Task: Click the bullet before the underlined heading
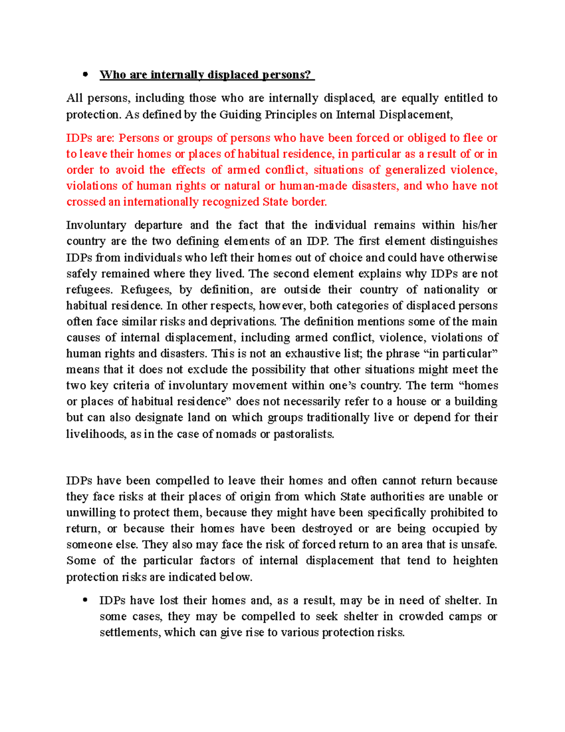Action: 85,75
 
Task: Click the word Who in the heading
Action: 113,75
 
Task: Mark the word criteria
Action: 131,386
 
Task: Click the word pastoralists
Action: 304,434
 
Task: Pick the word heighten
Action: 475,561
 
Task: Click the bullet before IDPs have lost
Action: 85,600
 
